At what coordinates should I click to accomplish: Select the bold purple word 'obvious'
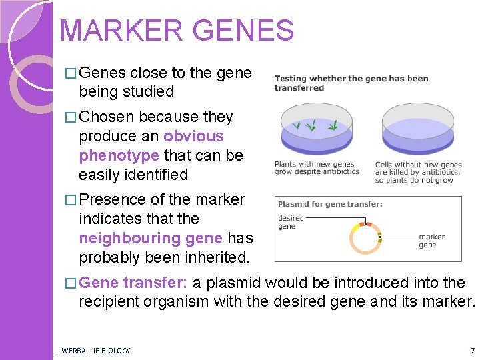193,136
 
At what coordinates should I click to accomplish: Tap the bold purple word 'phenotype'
119,155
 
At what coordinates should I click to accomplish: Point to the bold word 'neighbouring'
151,238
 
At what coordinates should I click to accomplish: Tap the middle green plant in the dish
310,125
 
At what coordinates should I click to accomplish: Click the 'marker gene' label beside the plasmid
431,241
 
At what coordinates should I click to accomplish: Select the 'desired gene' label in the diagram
290,222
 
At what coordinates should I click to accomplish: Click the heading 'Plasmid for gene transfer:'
330,204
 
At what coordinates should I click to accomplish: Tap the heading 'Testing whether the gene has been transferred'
351,83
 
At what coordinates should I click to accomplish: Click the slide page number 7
472,350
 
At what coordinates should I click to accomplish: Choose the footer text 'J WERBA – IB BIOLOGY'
94,350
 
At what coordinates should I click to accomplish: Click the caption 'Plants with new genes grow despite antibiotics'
317,168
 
